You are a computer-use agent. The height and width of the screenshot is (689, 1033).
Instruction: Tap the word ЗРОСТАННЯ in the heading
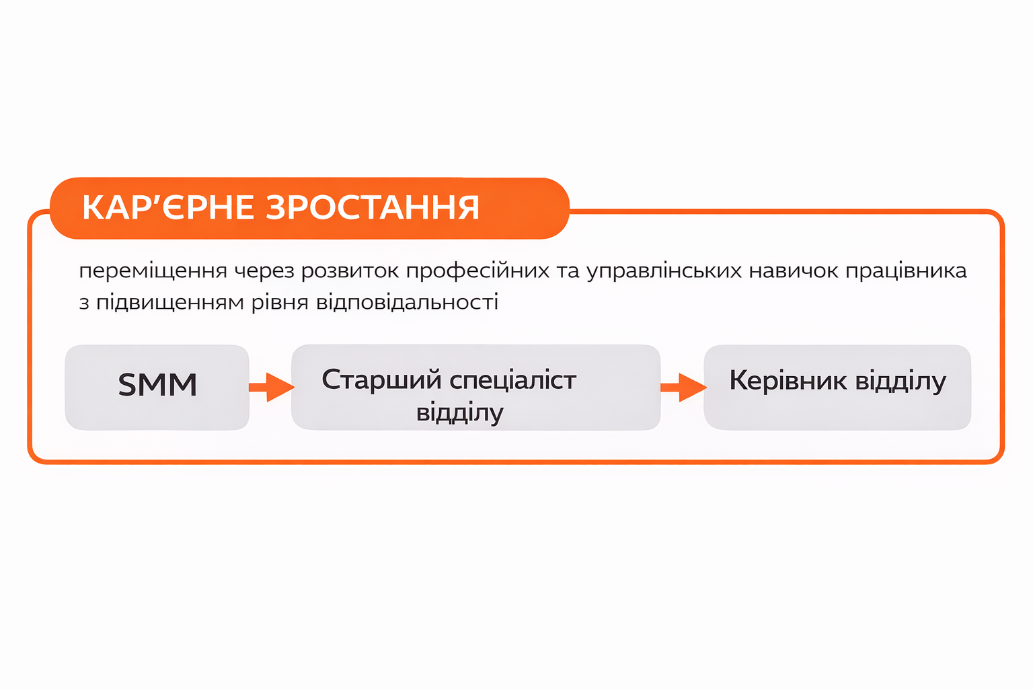pos(373,207)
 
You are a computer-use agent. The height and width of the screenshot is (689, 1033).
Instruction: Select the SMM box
pos(157,387)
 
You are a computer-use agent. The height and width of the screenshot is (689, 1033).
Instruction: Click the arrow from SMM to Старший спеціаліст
pos(272,387)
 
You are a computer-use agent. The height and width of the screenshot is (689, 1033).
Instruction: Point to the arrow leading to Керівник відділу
pos(683,387)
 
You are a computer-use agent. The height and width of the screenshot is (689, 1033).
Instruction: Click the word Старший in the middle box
pos(381,381)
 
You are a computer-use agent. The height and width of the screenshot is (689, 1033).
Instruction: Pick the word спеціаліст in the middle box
pos(513,381)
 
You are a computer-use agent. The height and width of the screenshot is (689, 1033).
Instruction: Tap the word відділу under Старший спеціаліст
pos(460,412)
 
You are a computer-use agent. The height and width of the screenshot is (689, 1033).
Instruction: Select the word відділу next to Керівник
pos(901,382)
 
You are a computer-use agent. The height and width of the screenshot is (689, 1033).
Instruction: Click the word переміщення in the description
pos(153,271)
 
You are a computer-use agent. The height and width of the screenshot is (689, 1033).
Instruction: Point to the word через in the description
pos(264,271)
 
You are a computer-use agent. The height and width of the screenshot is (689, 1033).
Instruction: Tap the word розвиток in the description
pos(350,271)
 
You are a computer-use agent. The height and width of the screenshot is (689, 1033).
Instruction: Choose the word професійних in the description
pos(477,271)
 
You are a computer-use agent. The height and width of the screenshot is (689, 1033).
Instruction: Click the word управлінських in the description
pos(664,271)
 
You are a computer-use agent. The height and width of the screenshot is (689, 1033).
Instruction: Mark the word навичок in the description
pos(794,271)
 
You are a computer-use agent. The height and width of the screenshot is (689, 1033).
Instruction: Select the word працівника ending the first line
pos(906,271)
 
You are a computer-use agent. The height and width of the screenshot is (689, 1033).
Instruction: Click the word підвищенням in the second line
pos(170,303)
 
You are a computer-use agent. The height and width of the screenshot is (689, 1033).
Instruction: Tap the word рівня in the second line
pos(280,303)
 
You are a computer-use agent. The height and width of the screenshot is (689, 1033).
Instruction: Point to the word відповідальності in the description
pos(407,303)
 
